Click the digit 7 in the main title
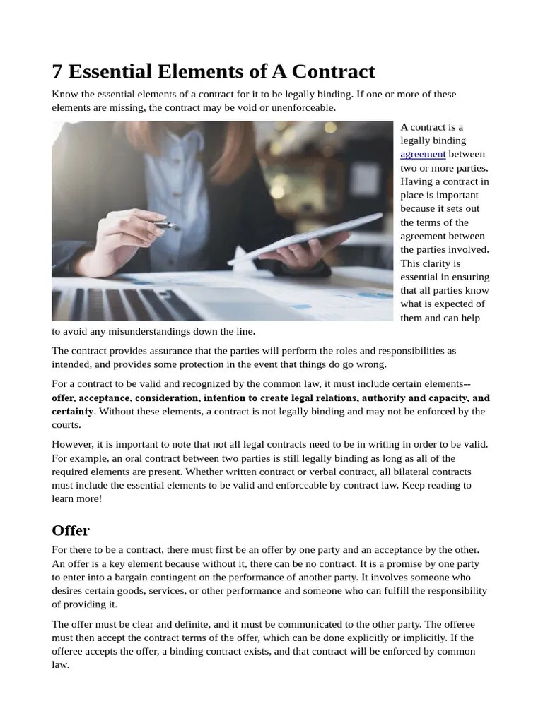[x=58, y=71]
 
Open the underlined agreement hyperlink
[x=423, y=154]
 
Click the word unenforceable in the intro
[x=300, y=108]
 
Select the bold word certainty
[x=73, y=411]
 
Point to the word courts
[x=66, y=424]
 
